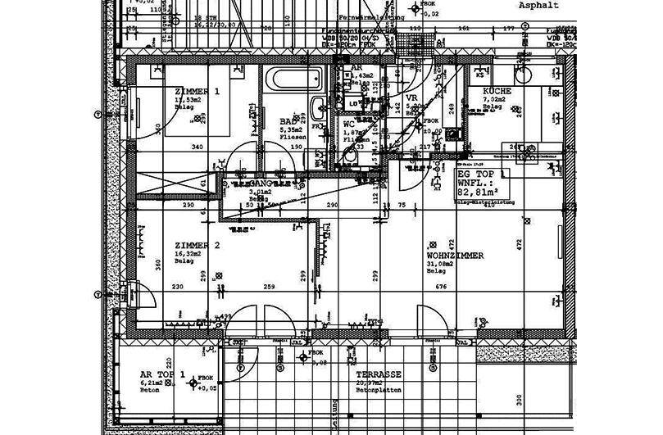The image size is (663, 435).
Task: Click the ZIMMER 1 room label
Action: (197, 91)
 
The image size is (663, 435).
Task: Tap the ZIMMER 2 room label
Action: (198, 246)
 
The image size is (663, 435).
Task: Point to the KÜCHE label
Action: (497, 91)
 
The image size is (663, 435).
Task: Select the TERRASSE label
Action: (373, 374)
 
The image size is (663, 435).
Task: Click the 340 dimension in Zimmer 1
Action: (197, 147)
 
